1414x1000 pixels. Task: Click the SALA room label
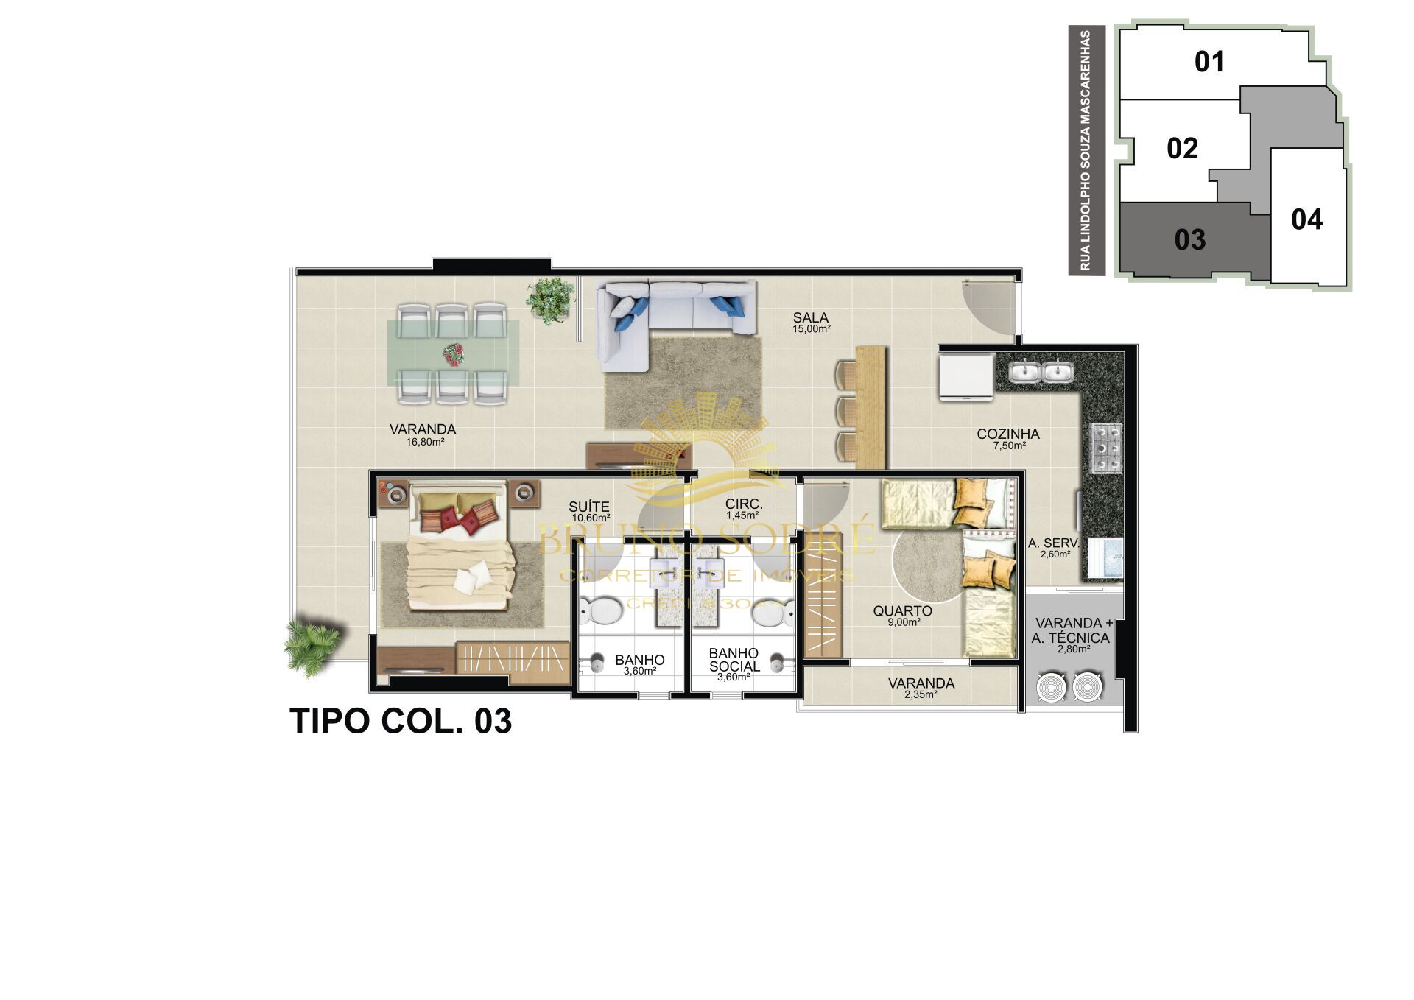(x=810, y=318)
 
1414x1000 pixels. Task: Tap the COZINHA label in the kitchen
(x=1007, y=434)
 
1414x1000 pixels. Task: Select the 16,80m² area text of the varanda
(x=425, y=443)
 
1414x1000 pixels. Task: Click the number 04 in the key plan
(x=1306, y=219)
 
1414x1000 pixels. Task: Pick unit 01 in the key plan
(x=1209, y=62)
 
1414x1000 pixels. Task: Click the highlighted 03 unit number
(x=1189, y=240)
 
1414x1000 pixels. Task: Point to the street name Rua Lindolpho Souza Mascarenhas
(x=1086, y=150)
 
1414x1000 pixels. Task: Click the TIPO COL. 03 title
(x=401, y=722)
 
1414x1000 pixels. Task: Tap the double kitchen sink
(x=1041, y=371)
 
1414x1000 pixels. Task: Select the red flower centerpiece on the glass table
(x=453, y=355)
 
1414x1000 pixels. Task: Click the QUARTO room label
(x=902, y=611)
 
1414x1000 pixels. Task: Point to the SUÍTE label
(x=588, y=507)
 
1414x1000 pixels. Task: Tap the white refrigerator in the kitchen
(x=965, y=376)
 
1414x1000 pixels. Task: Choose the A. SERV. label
(x=1053, y=543)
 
